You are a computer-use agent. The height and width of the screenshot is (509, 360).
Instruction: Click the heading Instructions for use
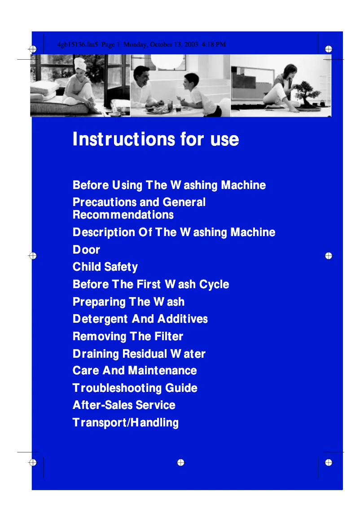[155, 139]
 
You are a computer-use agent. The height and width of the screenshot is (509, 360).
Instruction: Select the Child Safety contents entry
[105, 267]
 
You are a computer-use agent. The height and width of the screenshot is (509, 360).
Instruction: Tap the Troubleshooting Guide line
[135, 388]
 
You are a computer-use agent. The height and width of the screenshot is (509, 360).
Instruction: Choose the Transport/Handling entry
[125, 422]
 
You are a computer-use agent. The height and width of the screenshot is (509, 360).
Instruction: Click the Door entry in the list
[86, 250]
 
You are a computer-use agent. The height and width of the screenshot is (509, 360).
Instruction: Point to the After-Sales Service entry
[124, 405]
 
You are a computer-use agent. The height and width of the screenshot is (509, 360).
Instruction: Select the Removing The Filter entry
[128, 336]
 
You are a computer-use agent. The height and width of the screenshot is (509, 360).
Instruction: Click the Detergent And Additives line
[140, 319]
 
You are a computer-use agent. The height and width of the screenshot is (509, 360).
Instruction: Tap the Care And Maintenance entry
[135, 370]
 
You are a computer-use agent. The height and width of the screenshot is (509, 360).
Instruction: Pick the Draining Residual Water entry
[139, 354]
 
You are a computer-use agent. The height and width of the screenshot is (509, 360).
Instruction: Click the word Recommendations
[123, 215]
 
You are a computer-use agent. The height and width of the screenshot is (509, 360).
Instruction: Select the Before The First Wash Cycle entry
[151, 284]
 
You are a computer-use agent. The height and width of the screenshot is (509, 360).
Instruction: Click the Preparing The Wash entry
[128, 302]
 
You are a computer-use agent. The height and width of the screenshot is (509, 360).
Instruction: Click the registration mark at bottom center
[180, 462]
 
